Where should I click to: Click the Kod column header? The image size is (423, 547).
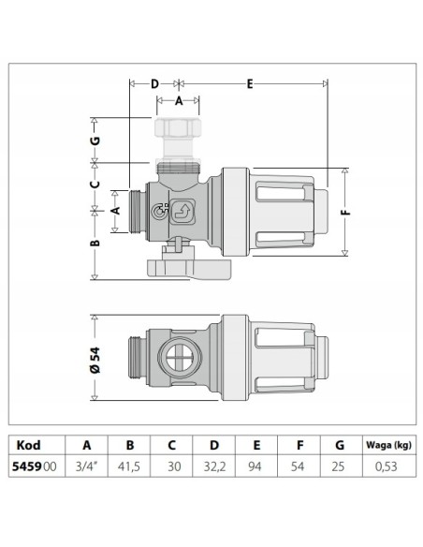pyautogui.click(x=29, y=445)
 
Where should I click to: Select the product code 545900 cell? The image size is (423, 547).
pyautogui.click(x=34, y=466)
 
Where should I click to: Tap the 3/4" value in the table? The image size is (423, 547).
pyautogui.click(x=86, y=466)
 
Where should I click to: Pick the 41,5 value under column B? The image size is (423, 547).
pyautogui.click(x=129, y=466)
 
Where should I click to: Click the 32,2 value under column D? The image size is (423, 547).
pyautogui.click(x=214, y=466)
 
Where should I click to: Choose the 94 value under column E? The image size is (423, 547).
pyautogui.click(x=255, y=466)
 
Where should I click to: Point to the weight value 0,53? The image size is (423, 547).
pyautogui.click(x=387, y=466)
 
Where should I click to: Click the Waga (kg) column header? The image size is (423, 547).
pyautogui.click(x=389, y=445)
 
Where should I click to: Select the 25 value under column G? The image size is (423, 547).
pyautogui.click(x=338, y=466)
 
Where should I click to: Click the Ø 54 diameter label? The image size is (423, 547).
pyautogui.click(x=95, y=360)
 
